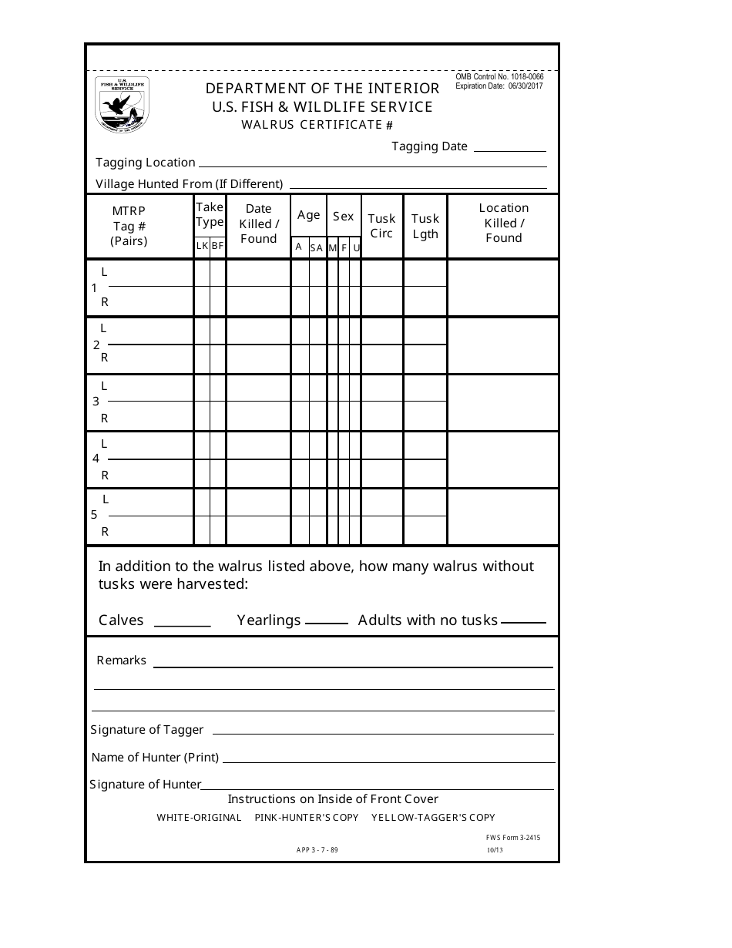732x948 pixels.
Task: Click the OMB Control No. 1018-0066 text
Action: click(x=499, y=77)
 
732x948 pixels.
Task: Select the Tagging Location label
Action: click(x=146, y=163)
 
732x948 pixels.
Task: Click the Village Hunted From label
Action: click(x=189, y=184)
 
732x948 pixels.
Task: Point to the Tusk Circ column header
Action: click(x=381, y=226)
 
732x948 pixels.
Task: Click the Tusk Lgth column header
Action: click(x=425, y=226)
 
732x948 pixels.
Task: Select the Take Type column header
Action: click(x=209, y=214)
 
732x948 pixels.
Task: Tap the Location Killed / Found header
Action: click(x=503, y=223)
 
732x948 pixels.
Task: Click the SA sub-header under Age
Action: click(x=317, y=247)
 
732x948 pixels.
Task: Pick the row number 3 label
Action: click(x=96, y=402)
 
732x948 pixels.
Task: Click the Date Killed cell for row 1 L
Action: click(x=258, y=274)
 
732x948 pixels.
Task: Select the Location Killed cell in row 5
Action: click(x=502, y=517)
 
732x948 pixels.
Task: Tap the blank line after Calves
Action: click(x=183, y=624)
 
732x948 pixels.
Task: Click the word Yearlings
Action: click(x=269, y=620)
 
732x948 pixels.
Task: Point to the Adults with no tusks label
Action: click(x=428, y=620)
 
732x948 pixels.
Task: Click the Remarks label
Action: click(x=122, y=661)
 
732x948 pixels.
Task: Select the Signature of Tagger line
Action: click(x=383, y=731)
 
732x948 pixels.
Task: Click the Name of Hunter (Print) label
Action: click(x=155, y=758)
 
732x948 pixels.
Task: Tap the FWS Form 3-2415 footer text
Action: click(x=508, y=837)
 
